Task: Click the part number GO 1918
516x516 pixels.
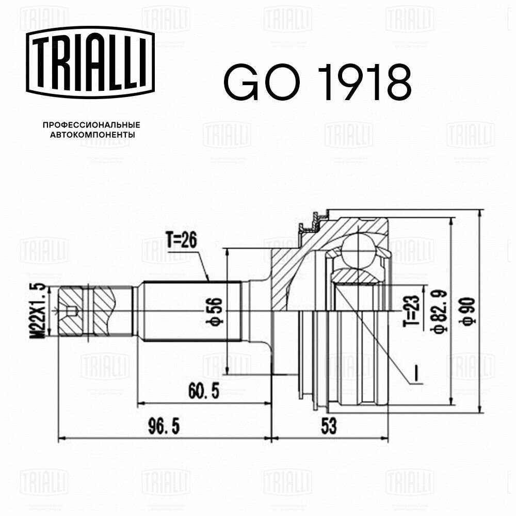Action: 317,83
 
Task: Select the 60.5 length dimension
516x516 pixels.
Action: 203,391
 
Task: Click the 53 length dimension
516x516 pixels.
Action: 328,427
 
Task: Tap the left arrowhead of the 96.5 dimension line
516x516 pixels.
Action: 61,439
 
